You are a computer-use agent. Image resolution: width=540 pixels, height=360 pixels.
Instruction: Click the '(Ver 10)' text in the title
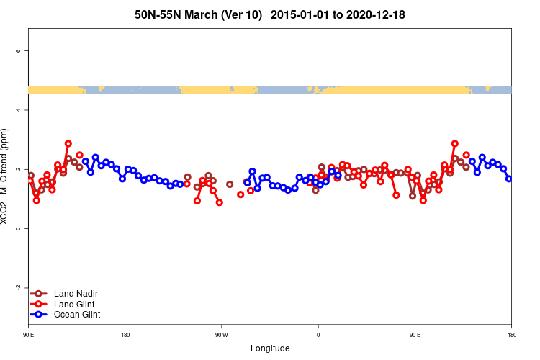coord(243,14)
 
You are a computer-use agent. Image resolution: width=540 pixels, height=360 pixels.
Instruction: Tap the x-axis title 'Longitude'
coord(270,348)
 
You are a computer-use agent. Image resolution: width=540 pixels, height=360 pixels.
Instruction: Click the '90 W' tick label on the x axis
coord(221,335)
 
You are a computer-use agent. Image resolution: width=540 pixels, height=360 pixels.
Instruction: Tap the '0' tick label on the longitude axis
coord(318,335)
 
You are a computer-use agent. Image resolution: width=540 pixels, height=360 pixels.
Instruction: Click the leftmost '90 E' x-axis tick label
coord(28,335)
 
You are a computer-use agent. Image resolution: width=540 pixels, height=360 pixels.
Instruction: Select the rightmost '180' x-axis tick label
coord(511,335)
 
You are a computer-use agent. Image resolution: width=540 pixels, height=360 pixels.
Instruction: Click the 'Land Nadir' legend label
coord(76,294)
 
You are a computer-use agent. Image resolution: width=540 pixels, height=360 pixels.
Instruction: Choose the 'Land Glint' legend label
coord(74,305)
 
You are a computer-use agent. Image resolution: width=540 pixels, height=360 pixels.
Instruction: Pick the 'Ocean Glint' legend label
coord(77,315)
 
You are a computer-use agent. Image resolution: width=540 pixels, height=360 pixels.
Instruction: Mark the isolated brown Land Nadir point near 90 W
coord(230,184)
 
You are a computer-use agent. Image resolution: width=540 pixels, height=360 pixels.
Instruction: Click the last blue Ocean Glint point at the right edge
coord(509,179)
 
